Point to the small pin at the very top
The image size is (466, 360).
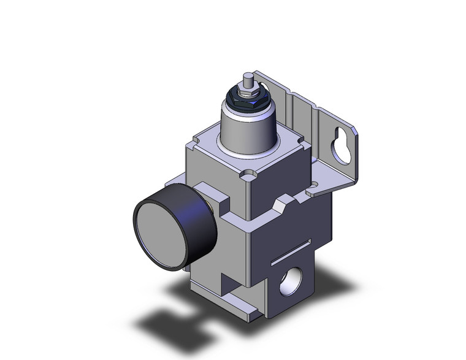247,80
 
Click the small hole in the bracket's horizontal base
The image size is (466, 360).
315,183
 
